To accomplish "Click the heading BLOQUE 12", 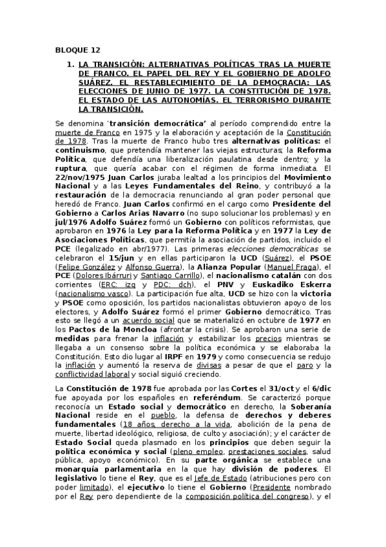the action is (x=73, y=49).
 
